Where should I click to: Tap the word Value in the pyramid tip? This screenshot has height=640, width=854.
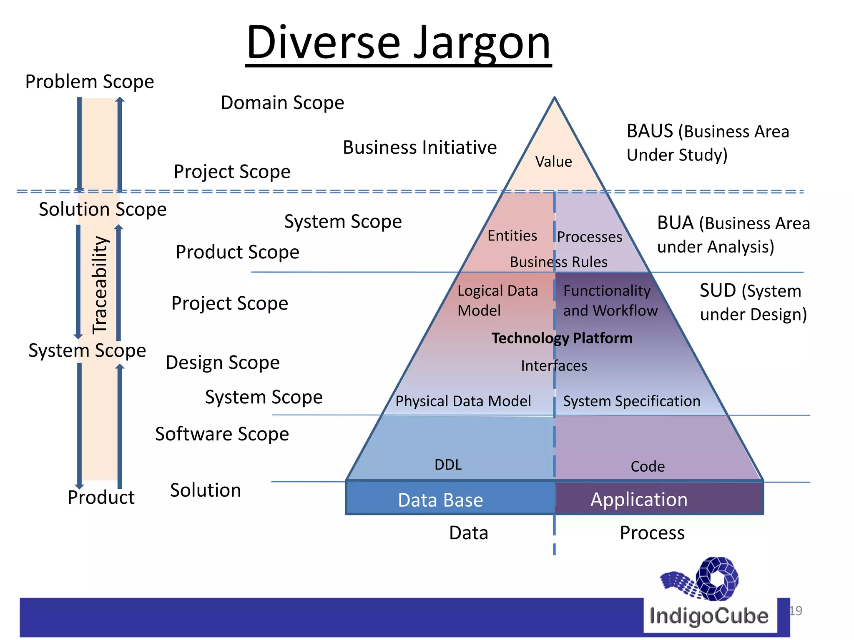click(553, 162)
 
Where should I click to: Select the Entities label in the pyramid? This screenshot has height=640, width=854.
click(512, 236)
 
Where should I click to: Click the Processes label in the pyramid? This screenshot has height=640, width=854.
click(589, 237)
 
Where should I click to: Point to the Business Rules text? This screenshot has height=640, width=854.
click(558, 262)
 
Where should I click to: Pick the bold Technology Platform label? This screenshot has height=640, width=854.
click(562, 338)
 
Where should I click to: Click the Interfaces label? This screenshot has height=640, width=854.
click(554, 366)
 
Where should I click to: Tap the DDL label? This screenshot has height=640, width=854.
click(448, 465)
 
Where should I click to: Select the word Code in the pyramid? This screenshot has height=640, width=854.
click(647, 466)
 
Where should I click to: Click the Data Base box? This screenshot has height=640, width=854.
click(440, 500)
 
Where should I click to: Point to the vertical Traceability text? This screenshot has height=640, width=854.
click(100, 285)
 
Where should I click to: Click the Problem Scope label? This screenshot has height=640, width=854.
click(89, 82)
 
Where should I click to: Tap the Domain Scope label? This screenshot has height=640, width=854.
click(282, 102)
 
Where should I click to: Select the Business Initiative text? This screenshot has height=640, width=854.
click(419, 147)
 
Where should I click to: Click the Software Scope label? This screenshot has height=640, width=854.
click(222, 434)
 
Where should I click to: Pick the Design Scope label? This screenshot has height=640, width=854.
click(222, 362)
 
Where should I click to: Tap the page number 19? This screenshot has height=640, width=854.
click(795, 611)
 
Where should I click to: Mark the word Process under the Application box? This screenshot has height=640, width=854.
click(652, 533)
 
